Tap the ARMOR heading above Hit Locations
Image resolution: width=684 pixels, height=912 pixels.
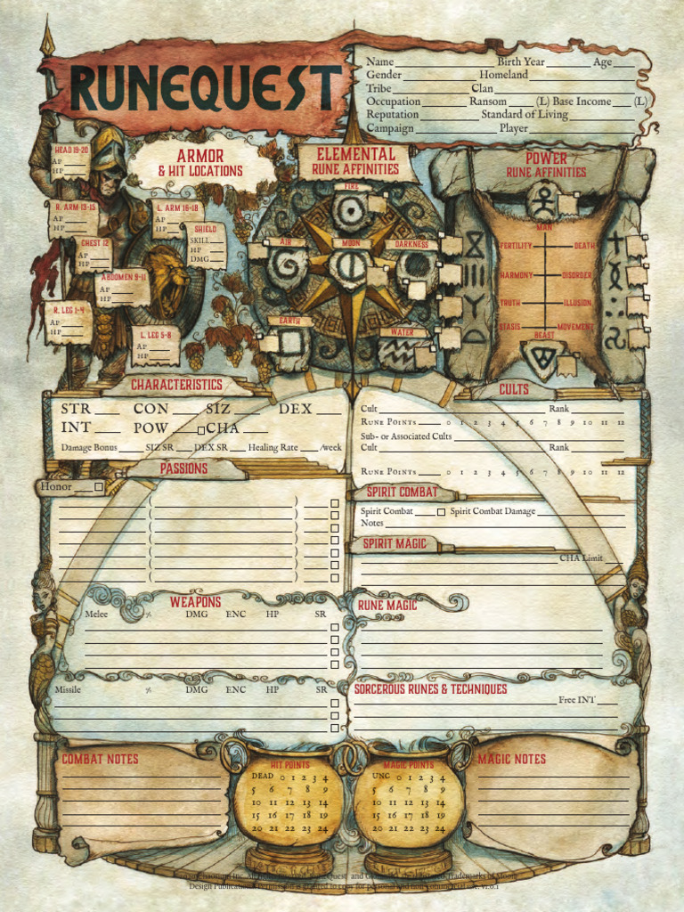click(x=199, y=156)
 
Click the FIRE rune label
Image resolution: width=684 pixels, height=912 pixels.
click(x=352, y=187)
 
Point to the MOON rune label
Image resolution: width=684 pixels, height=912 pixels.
click(x=351, y=242)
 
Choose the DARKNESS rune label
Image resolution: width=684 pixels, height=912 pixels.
click(x=411, y=244)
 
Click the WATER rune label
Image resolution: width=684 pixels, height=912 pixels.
click(x=403, y=332)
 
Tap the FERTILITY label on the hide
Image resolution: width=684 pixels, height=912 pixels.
click(x=516, y=246)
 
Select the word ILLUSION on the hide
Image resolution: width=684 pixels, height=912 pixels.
click(x=576, y=303)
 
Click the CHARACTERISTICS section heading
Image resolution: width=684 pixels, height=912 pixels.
click(x=176, y=385)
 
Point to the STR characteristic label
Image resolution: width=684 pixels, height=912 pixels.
click(x=76, y=409)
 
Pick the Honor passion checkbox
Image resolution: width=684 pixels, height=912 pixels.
click(x=99, y=487)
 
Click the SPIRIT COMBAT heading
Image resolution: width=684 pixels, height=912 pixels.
click(x=402, y=492)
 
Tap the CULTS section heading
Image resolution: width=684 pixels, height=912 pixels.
click(x=514, y=389)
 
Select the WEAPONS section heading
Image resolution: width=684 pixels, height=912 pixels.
click(x=195, y=602)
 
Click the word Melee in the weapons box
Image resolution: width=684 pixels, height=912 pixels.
click(x=96, y=614)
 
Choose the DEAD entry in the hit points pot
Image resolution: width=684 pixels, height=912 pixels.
click(x=262, y=776)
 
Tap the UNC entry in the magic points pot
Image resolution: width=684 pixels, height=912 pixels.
click(x=381, y=776)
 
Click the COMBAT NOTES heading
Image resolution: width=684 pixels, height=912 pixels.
click(x=100, y=759)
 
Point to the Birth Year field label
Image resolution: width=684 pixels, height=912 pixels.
click(x=521, y=62)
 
